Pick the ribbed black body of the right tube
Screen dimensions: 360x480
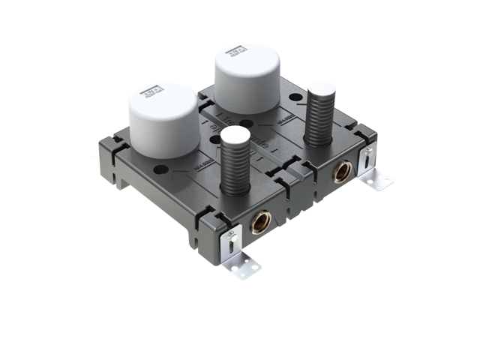point(320,120)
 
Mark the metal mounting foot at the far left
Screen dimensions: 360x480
point(93,158)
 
